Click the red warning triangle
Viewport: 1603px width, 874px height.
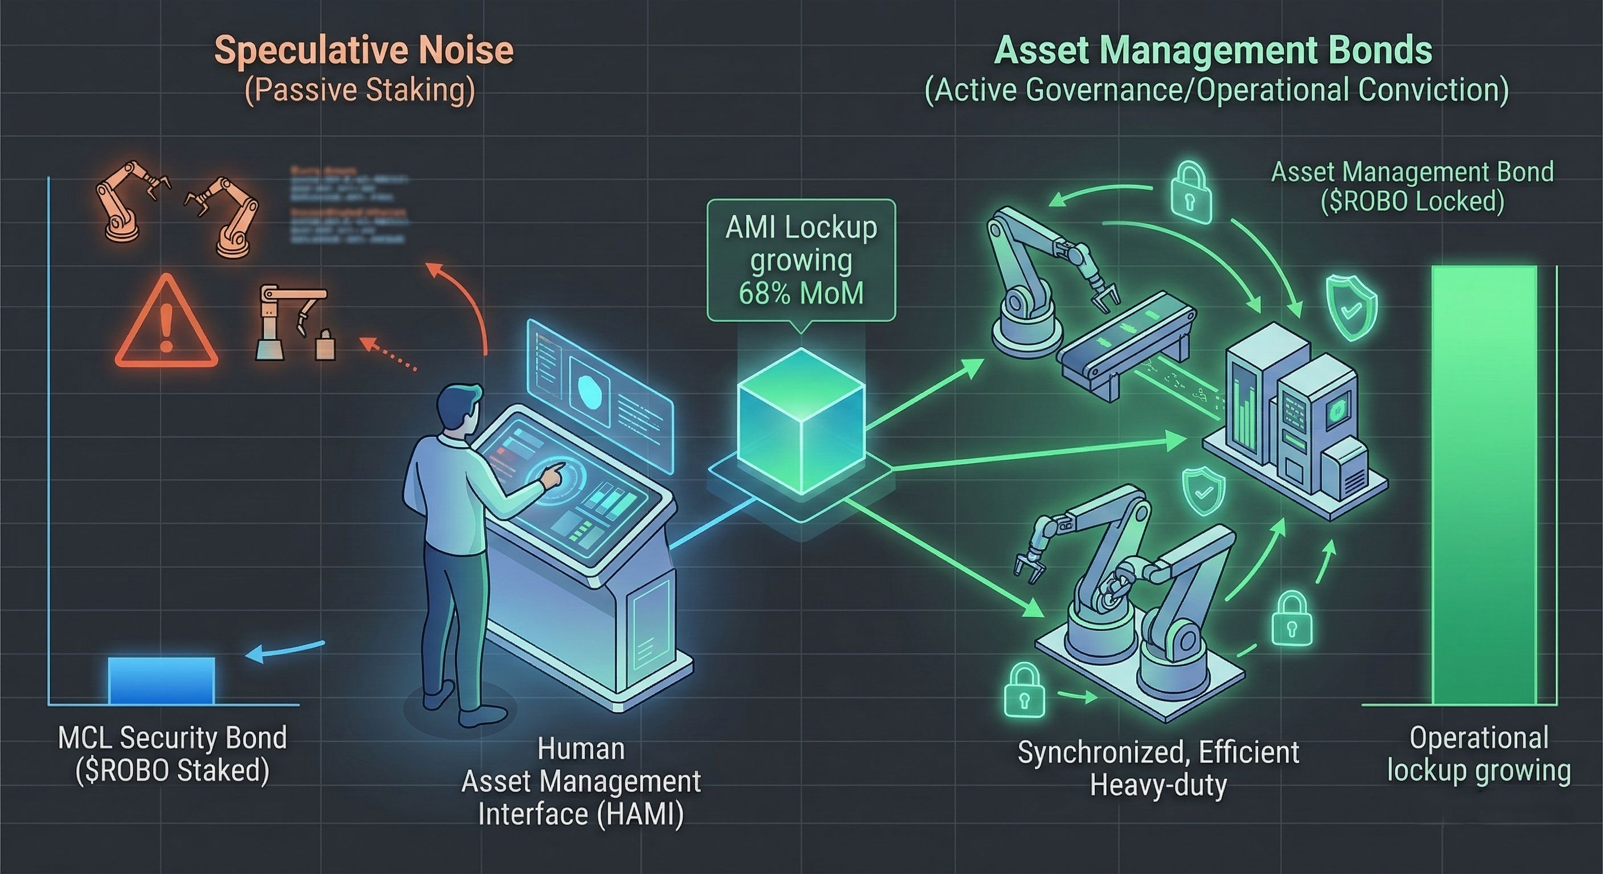(x=166, y=325)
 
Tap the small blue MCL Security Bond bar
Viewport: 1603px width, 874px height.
(x=161, y=681)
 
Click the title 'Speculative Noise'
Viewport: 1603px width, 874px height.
(x=364, y=50)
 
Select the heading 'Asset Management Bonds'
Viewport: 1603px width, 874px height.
(x=1214, y=50)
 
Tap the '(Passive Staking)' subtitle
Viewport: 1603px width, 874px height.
(x=360, y=91)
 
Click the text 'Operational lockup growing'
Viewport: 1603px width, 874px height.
(x=1478, y=754)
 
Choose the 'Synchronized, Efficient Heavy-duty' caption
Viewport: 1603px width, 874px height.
(x=1158, y=769)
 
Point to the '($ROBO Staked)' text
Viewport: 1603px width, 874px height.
(x=172, y=772)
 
